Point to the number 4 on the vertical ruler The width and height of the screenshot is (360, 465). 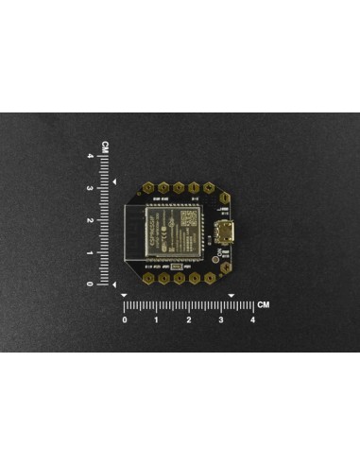coord(103,158)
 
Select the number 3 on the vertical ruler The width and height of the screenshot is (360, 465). coord(103,189)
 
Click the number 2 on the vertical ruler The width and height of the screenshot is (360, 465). coord(103,220)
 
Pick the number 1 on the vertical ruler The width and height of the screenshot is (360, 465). coord(103,252)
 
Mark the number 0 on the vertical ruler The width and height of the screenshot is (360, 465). coord(103,284)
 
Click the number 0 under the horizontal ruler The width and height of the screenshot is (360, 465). coord(125,320)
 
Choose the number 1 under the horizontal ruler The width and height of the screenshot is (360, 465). coord(156,320)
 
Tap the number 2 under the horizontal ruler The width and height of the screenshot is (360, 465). coord(188,320)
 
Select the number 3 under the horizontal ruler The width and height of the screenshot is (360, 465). coord(220,320)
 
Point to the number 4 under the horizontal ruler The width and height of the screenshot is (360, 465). coord(251,320)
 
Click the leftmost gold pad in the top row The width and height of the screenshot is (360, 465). coord(148,190)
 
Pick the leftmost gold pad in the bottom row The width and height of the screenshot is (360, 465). coord(148,279)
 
